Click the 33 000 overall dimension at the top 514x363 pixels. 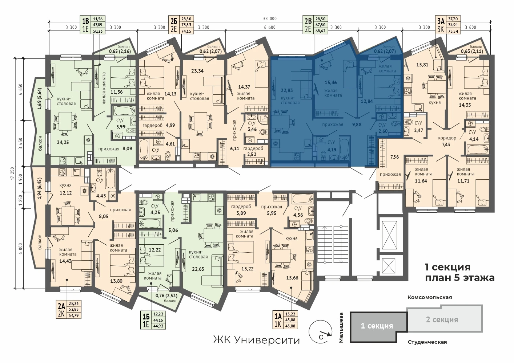[x=270, y=19]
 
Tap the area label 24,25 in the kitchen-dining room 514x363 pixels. [x=63, y=142]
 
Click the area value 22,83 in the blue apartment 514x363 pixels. [x=287, y=90]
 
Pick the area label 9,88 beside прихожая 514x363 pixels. [x=357, y=125]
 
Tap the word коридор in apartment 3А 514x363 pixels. [x=447, y=138]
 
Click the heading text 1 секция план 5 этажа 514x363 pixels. [x=459, y=272]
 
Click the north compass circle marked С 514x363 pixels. [x=320, y=332]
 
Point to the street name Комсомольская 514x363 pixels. [x=430, y=297]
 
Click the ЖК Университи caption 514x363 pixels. [x=257, y=340]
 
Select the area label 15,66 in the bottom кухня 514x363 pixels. [x=292, y=278]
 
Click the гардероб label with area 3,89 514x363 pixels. [x=241, y=207]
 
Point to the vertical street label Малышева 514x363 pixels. [x=341, y=328]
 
